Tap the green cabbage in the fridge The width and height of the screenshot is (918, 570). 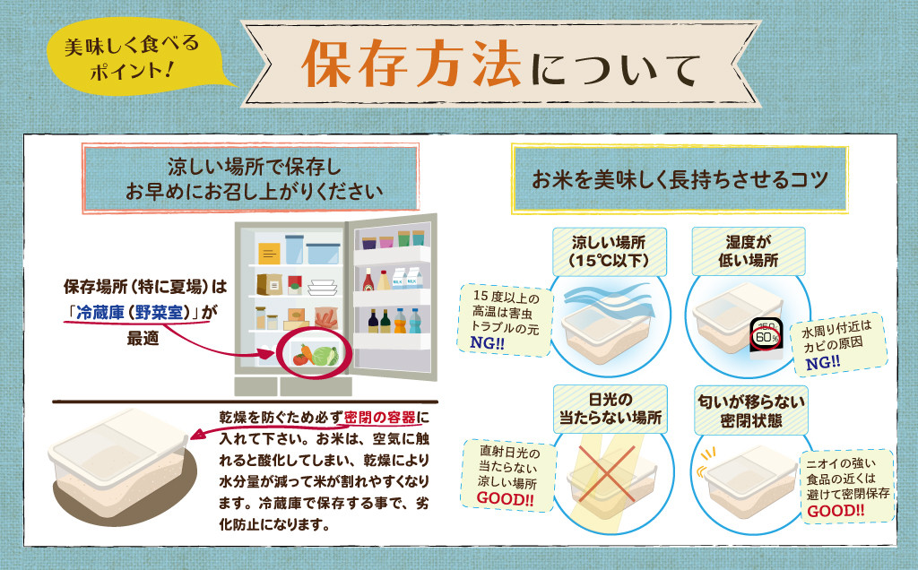click(x=325, y=355)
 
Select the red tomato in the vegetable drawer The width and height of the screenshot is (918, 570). click(x=300, y=359)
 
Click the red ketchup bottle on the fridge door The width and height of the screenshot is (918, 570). click(x=368, y=280)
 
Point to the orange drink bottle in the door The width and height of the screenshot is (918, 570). click(x=400, y=321)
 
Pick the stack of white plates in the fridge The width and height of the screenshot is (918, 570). click(x=323, y=287)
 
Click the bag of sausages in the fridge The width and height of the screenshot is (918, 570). click(x=326, y=318)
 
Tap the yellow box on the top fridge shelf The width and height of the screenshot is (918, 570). click(x=269, y=254)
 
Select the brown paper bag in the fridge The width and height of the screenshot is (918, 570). click(x=269, y=284)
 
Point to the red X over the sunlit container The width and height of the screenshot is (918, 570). click(x=607, y=473)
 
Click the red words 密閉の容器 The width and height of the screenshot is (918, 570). click(x=380, y=418)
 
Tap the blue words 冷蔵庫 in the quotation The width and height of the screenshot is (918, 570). click(x=100, y=313)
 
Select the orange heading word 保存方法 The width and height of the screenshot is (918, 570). click(x=411, y=64)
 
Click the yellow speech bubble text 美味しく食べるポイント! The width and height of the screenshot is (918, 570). click(x=131, y=57)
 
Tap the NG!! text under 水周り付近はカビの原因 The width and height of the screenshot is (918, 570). click(x=823, y=363)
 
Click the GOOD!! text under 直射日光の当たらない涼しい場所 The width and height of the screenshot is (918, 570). click(x=505, y=498)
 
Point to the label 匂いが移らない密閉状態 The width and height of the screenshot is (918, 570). click(x=751, y=410)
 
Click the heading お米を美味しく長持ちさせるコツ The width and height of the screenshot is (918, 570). click(x=680, y=179)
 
